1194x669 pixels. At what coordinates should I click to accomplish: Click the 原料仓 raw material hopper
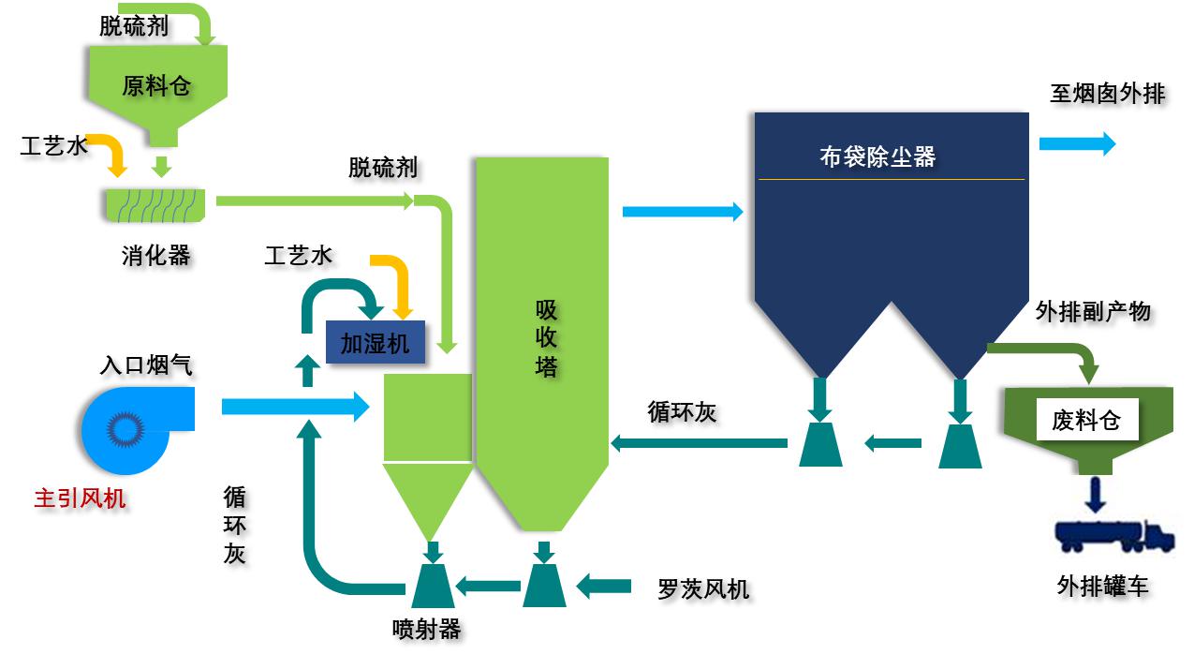[156, 87]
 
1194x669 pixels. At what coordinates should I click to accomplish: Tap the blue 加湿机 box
[375, 342]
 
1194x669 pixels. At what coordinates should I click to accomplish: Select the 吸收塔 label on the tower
[546, 338]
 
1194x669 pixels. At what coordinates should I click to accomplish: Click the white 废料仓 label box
[1086, 420]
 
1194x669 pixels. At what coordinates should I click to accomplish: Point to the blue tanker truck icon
[1113, 535]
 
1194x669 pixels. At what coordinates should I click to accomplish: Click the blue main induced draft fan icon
[131, 428]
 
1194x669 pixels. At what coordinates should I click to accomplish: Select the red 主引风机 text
[80, 498]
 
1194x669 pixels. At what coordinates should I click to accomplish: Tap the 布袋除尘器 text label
[877, 156]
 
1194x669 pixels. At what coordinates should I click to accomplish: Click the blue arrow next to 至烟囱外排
[1077, 143]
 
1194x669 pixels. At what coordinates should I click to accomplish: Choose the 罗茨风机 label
[703, 588]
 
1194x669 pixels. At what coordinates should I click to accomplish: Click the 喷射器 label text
[427, 629]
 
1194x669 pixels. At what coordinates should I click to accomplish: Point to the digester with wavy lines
[155, 204]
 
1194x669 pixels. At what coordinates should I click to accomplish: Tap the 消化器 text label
[155, 255]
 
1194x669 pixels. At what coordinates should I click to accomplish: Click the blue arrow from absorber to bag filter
[683, 212]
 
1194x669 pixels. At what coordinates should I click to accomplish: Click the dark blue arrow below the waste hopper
[1092, 493]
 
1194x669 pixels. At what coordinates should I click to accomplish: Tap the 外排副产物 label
[1093, 311]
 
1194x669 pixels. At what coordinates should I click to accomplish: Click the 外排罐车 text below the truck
[1102, 587]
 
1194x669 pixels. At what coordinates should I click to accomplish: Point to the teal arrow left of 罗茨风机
[603, 587]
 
